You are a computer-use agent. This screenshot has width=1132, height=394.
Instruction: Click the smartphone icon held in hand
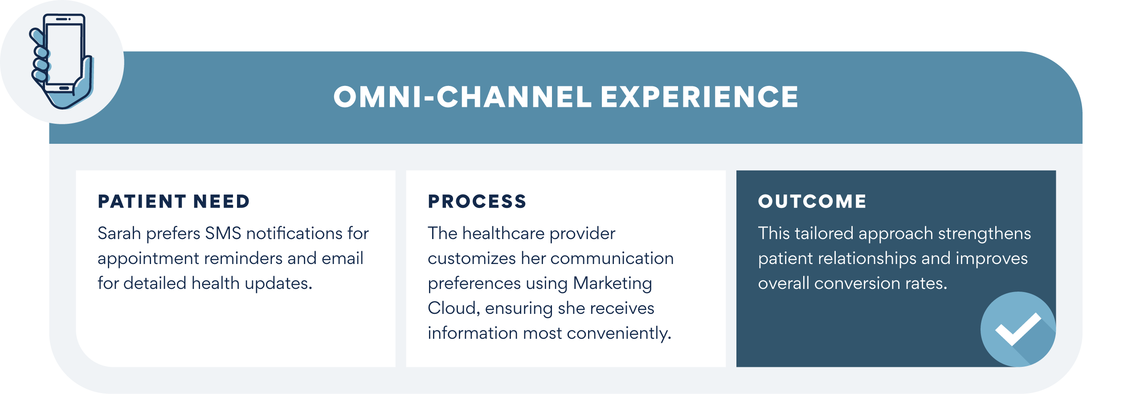click(x=61, y=61)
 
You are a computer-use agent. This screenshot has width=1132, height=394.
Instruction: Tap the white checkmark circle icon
click(x=1018, y=329)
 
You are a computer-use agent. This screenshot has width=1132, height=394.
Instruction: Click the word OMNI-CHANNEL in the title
click(x=462, y=97)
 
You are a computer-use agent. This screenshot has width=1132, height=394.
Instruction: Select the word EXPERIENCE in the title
click(x=699, y=97)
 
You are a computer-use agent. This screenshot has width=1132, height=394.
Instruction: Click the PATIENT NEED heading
click(x=174, y=201)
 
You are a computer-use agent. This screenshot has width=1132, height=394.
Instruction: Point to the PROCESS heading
click(x=477, y=201)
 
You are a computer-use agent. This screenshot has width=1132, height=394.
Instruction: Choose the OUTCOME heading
click(x=813, y=201)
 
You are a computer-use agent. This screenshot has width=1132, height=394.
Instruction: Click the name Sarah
click(x=119, y=233)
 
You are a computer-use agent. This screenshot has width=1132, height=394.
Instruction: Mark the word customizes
click(x=472, y=258)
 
